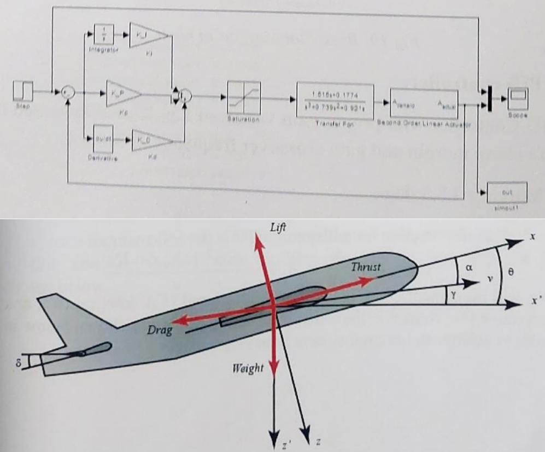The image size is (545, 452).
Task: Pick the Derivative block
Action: coord(101,141)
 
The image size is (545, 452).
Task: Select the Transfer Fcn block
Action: coord(335,97)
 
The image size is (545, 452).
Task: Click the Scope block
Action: coord(517,96)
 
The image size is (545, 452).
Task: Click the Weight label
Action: coord(247,369)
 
